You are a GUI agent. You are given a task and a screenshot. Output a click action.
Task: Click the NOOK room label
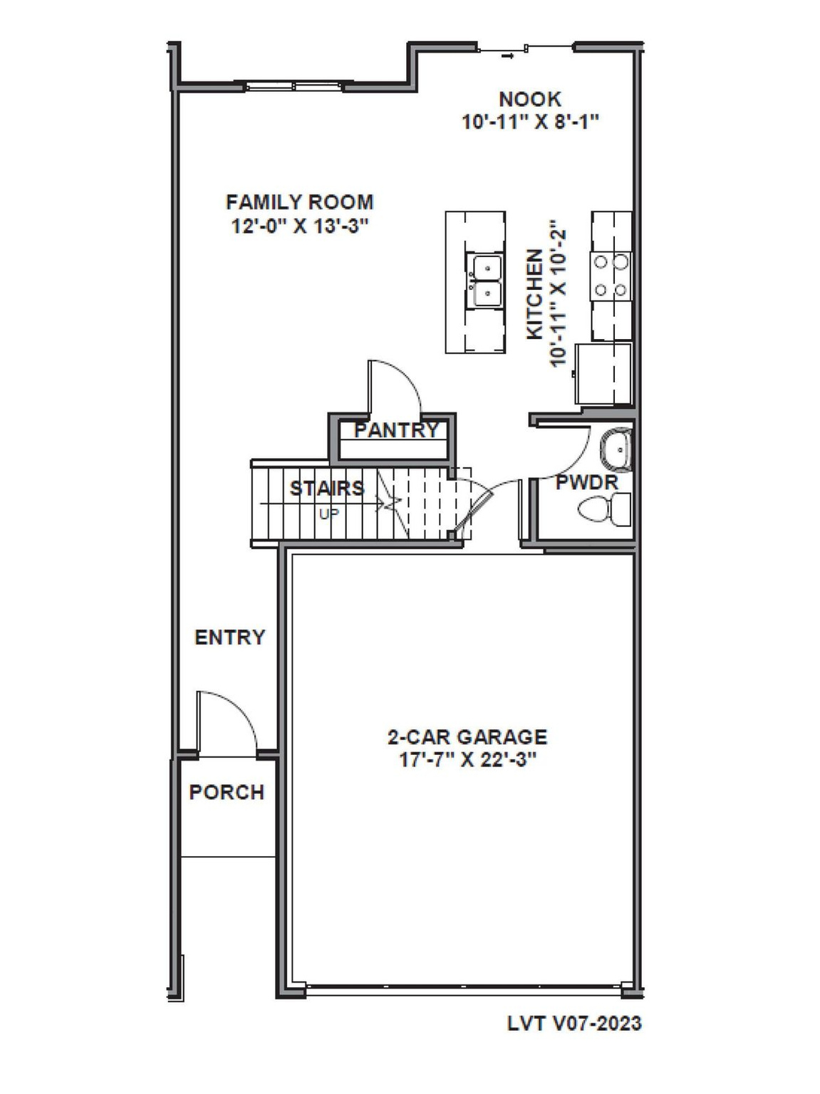coord(529,99)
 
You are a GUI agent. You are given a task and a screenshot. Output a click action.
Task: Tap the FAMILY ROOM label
coord(299,202)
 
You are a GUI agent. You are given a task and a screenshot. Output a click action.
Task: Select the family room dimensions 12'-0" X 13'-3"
coord(299,226)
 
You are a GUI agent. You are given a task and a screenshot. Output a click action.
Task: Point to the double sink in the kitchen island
coord(484,281)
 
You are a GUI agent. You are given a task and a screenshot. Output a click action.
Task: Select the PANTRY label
coord(396,430)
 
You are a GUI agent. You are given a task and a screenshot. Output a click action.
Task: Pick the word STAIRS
coord(327,489)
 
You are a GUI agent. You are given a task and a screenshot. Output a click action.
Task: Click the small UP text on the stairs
coord(328,513)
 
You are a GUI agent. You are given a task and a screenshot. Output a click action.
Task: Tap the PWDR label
coord(587,482)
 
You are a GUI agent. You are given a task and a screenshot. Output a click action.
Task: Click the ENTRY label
coord(229,637)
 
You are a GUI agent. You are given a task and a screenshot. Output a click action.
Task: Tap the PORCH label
coord(227,792)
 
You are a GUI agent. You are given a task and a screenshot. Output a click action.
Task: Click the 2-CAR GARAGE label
coord(467,736)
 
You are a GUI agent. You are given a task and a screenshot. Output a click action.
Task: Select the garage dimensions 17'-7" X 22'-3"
coord(467,759)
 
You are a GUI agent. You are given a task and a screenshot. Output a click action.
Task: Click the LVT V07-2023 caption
coord(574,1023)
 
